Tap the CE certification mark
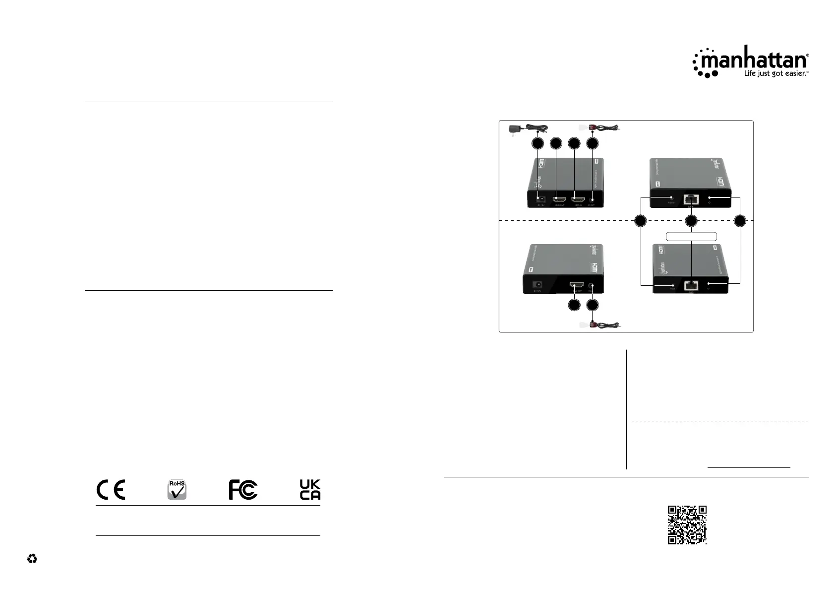point(111,489)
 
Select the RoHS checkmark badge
point(177,490)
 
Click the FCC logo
point(243,489)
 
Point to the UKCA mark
point(310,489)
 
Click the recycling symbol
point(32,559)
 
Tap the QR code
point(687,525)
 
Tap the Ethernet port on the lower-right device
point(691,285)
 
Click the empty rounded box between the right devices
point(691,236)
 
